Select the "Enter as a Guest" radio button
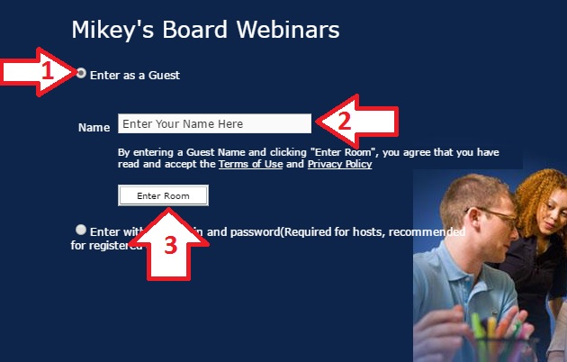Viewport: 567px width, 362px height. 82,74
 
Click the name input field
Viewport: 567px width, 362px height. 214,123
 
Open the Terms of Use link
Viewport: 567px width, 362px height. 250,165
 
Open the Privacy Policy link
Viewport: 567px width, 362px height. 339,165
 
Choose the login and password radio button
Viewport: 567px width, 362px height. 82,230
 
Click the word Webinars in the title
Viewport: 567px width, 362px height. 289,30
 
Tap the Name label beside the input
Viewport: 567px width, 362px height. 94,128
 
